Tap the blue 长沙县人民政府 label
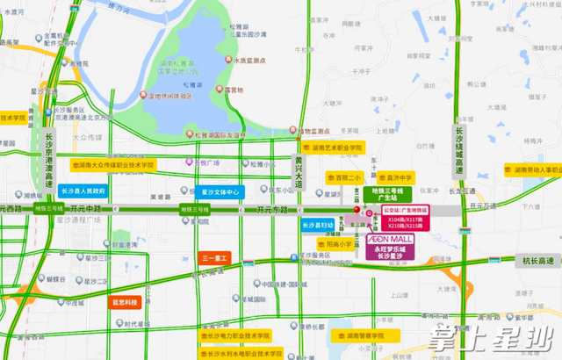click(x=84, y=191)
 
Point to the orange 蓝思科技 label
click(x=124, y=301)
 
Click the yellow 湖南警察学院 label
click(x=360, y=335)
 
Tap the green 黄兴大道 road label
click(x=298, y=179)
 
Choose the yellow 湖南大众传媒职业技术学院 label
click(x=113, y=164)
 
